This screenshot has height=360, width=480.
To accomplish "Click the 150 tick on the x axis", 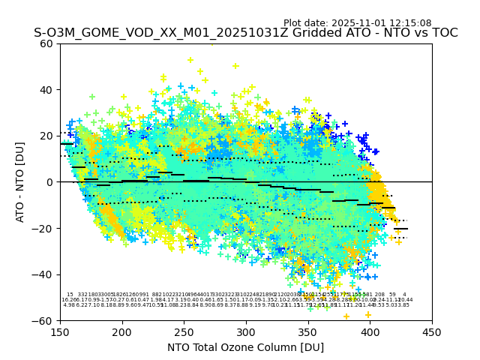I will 61,333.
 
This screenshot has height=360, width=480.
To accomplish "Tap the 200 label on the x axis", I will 122,333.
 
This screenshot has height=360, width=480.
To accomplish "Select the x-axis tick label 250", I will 184,333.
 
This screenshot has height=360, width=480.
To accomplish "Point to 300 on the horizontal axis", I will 246,333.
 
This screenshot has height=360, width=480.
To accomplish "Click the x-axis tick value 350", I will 308,333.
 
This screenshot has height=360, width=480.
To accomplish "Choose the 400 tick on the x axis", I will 370,333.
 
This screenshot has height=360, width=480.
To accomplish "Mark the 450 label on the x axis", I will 432,333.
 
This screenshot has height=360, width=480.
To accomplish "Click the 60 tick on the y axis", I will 46,43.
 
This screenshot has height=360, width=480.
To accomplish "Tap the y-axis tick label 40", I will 46,90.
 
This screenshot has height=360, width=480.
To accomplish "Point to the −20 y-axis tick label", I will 43,228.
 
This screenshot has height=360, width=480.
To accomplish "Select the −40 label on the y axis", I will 43,274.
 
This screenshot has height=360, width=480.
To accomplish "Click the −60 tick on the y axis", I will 43,320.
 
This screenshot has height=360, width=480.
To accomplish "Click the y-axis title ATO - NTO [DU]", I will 21,181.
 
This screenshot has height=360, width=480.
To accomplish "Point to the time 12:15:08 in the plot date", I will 410,23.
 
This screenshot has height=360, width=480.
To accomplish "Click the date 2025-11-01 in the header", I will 357,23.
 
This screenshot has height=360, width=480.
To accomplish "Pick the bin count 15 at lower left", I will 70,295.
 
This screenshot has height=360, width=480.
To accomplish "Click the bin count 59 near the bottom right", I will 392,295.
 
